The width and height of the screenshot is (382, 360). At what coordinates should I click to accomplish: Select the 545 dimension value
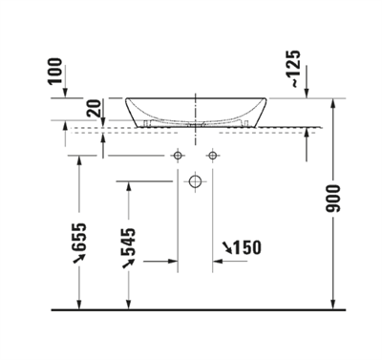(129, 244)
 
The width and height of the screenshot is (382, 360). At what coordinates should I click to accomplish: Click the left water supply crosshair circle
(177, 155)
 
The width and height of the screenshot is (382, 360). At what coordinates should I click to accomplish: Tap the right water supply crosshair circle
(212, 155)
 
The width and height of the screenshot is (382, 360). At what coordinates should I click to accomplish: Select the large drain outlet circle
(195, 181)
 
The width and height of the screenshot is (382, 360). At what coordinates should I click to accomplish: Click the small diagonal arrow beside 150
(226, 249)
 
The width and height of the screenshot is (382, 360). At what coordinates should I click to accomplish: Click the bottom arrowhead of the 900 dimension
(331, 305)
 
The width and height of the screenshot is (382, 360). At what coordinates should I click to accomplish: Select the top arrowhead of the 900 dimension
(331, 103)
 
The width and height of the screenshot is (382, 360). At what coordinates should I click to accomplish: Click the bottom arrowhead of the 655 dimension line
(80, 305)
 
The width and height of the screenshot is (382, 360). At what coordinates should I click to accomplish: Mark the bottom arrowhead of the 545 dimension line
(129, 305)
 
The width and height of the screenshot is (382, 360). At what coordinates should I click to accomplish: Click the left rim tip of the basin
(126, 98)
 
